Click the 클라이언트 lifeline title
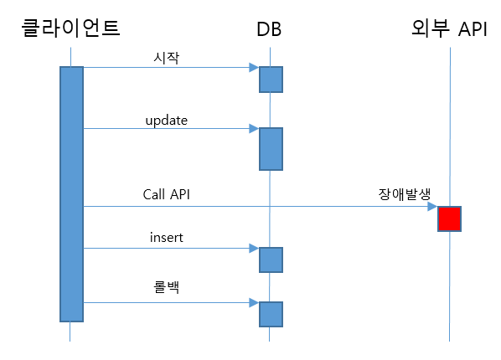point(70,28)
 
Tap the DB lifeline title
point(269,29)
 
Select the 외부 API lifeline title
point(449,28)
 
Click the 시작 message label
point(166,58)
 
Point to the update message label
point(167,121)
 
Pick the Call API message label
point(166,194)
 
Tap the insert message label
point(167,237)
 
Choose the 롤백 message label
point(166,286)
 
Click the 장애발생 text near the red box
point(405,194)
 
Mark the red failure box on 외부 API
point(449,219)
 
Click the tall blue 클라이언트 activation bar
point(71,194)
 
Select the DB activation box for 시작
point(271,80)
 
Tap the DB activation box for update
point(271,149)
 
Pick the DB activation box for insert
point(271,260)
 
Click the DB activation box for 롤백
point(271,314)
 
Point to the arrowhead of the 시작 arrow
point(254,68)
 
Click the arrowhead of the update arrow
point(254,128)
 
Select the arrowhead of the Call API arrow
point(432,206)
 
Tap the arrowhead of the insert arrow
point(254,248)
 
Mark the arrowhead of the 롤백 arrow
point(254,302)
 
